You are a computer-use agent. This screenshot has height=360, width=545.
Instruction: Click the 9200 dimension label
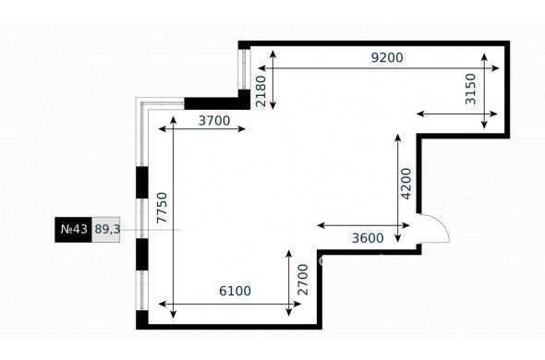[x=387, y=57]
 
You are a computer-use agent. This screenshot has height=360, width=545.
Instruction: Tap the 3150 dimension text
[x=470, y=89]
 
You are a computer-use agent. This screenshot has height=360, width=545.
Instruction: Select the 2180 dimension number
[x=260, y=91]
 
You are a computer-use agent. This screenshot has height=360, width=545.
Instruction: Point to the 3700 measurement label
[x=214, y=121]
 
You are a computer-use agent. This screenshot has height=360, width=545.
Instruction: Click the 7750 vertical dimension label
[x=162, y=208]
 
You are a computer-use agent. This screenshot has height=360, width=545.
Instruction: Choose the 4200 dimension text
[x=406, y=184]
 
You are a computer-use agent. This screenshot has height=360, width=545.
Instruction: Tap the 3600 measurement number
[x=368, y=238]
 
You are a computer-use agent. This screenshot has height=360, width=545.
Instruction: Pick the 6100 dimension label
[x=235, y=291]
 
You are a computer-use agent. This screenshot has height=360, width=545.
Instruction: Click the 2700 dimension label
[x=303, y=280]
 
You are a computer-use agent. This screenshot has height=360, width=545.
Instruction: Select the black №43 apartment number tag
[x=73, y=230]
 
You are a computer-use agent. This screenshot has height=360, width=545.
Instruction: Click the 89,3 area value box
[x=106, y=230]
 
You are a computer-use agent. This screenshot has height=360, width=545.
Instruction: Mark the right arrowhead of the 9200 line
[x=496, y=68]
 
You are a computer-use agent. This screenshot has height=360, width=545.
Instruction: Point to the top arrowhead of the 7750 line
[x=173, y=120]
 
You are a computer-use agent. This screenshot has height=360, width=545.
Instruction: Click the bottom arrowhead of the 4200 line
[x=398, y=238]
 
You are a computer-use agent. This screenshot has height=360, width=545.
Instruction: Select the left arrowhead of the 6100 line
[x=162, y=304]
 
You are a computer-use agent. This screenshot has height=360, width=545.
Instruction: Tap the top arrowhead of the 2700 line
[x=288, y=254]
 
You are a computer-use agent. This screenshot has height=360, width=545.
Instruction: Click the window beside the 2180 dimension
[x=244, y=69]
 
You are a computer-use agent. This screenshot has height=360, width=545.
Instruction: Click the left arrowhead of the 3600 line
[x=321, y=225]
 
